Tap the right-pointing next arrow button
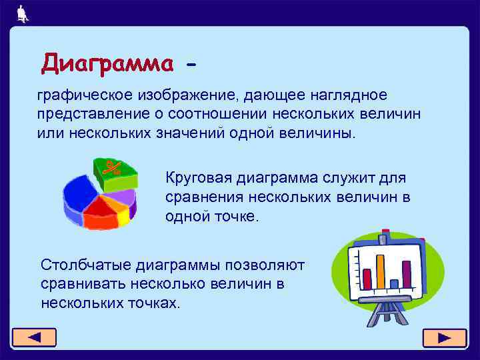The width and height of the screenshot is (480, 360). [x=445, y=337]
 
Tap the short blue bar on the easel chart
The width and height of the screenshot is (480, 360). [x=394, y=283]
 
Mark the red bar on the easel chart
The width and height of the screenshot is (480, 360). [x=367, y=277]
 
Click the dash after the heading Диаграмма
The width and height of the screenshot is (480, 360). [x=192, y=65]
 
